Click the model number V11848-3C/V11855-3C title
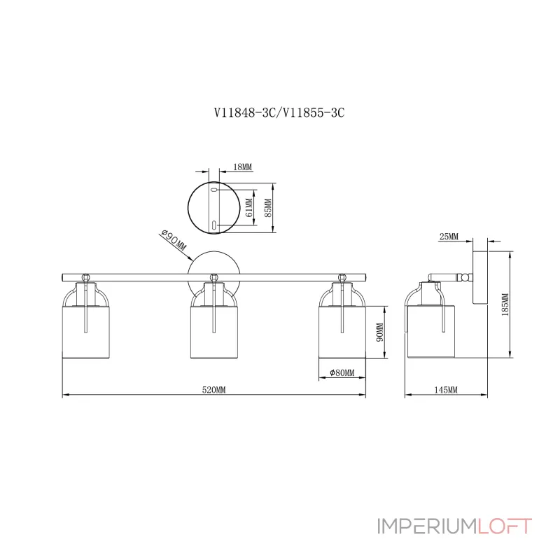(279, 114)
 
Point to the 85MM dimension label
(268, 207)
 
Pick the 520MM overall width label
(213, 390)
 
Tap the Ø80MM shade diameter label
(342, 372)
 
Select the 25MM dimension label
(448, 237)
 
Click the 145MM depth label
(445, 390)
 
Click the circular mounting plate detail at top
(213, 208)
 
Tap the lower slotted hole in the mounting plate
(214, 225)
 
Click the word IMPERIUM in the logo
(426, 526)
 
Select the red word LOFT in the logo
(505, 526)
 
